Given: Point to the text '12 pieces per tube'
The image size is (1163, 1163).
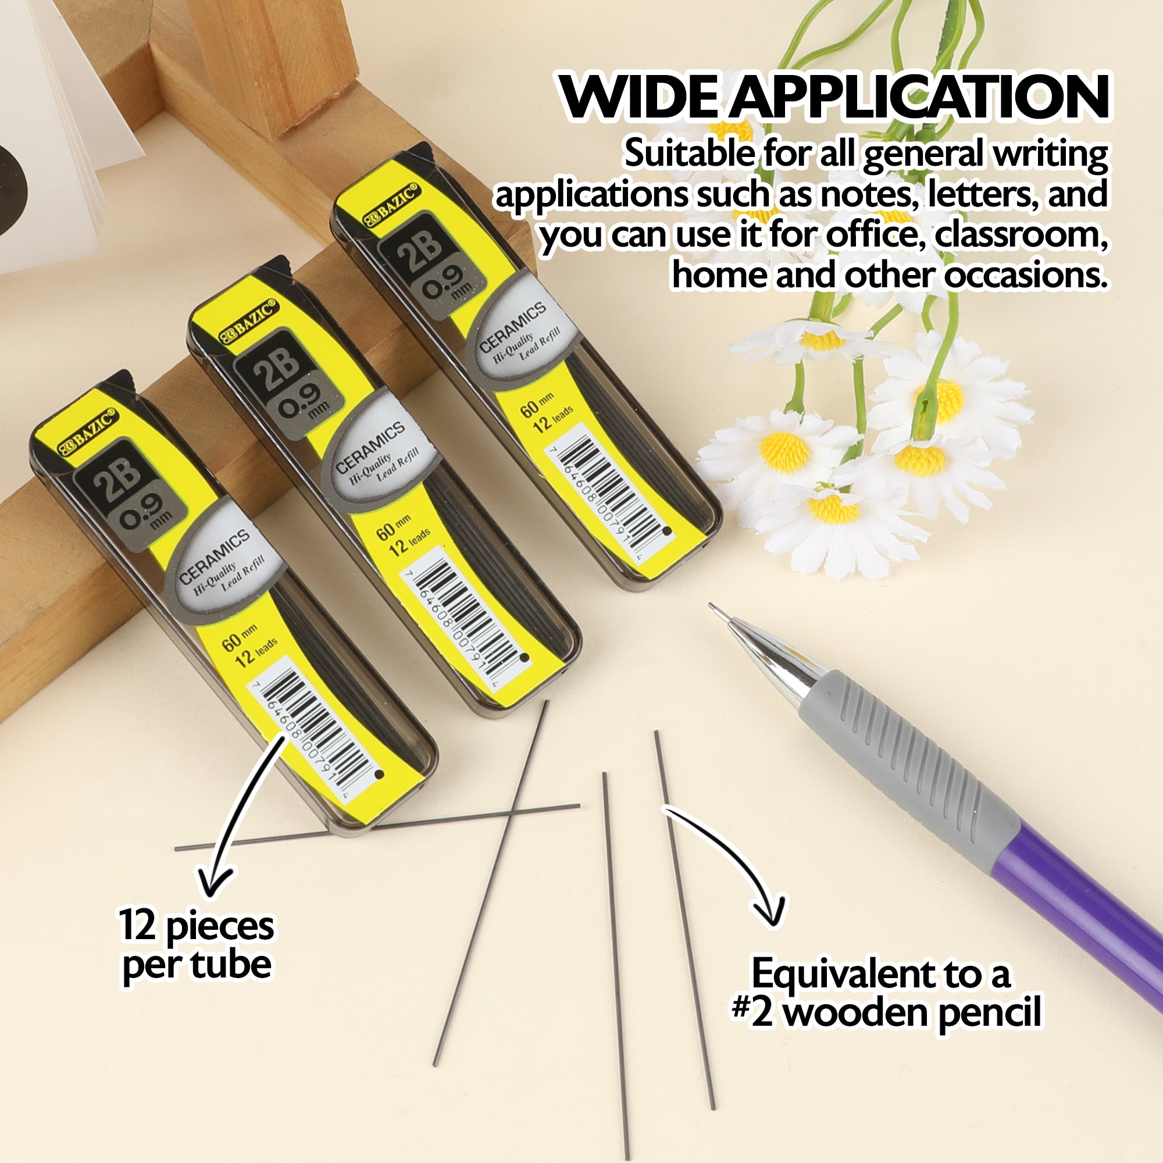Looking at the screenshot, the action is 197,946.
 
